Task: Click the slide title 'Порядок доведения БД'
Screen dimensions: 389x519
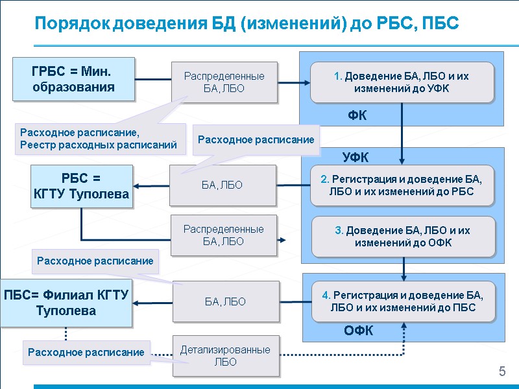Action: (247, 24)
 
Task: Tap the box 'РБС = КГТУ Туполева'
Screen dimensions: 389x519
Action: (81, 186)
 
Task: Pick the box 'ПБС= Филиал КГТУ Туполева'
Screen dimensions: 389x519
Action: (66, 303)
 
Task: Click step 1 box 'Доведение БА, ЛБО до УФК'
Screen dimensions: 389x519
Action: (402, 82)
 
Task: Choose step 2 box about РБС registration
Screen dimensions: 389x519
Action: (402, 185)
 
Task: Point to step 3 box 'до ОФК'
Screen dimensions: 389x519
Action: (402, 236)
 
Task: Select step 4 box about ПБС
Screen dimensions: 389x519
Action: (402, 301)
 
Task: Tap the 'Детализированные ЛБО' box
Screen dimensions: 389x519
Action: (225, 355)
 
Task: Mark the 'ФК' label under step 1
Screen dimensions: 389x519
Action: (357, 116)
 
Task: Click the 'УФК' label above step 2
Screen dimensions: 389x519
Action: (356, 157)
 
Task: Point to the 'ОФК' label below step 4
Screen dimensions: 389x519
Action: (358, 331)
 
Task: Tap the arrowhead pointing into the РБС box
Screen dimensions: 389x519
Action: (138, 187)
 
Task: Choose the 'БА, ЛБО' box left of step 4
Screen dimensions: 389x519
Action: (225, 301)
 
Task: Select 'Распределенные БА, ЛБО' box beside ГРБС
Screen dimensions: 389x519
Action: (224, 82)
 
